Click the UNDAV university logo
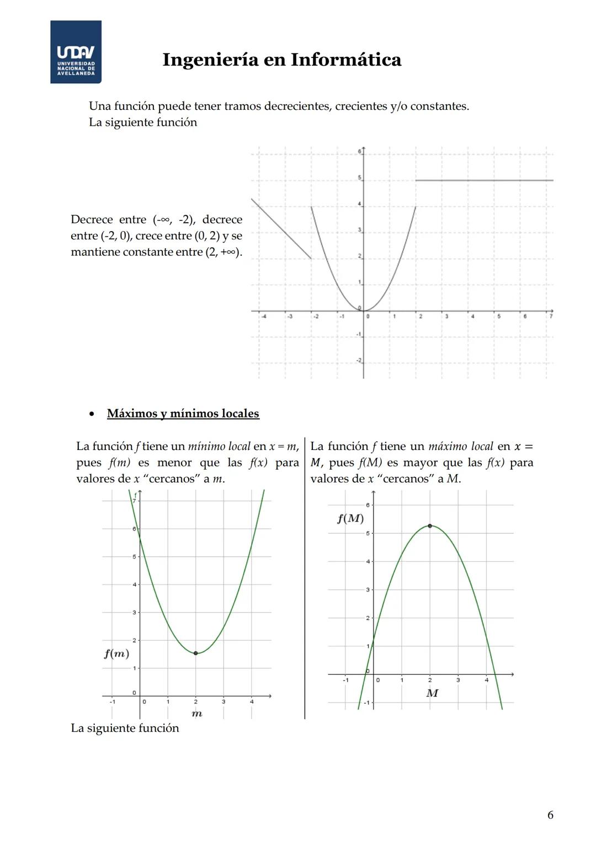coord(76,52)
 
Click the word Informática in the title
coord(346,60)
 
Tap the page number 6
coord(550,815)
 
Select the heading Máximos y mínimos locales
coord(183,414)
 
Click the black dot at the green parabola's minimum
coord(195,653)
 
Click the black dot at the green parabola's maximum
coord(430,525)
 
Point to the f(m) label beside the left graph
coord(116,654)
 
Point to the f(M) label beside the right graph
coord(350,519)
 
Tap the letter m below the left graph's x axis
coord(196,714)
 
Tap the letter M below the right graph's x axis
coord(432,693)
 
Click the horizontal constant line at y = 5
coord(484,180)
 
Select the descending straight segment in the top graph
coord(281,228)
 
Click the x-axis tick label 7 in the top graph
coord(551,317)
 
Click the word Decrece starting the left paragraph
coord(92,219)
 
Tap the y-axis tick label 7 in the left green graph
coord(134,500)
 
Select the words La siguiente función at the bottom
coord(125,728)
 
